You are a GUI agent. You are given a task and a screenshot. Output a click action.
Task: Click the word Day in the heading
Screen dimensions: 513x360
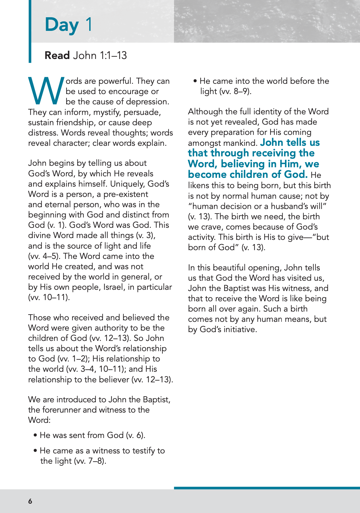(62, 25)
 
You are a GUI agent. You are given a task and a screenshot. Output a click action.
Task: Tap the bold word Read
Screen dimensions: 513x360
(57, 55)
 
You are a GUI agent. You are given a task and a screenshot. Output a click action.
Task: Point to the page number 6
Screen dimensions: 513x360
(30, 501)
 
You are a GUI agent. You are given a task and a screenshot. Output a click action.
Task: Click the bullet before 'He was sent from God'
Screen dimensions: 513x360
(36, 436)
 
